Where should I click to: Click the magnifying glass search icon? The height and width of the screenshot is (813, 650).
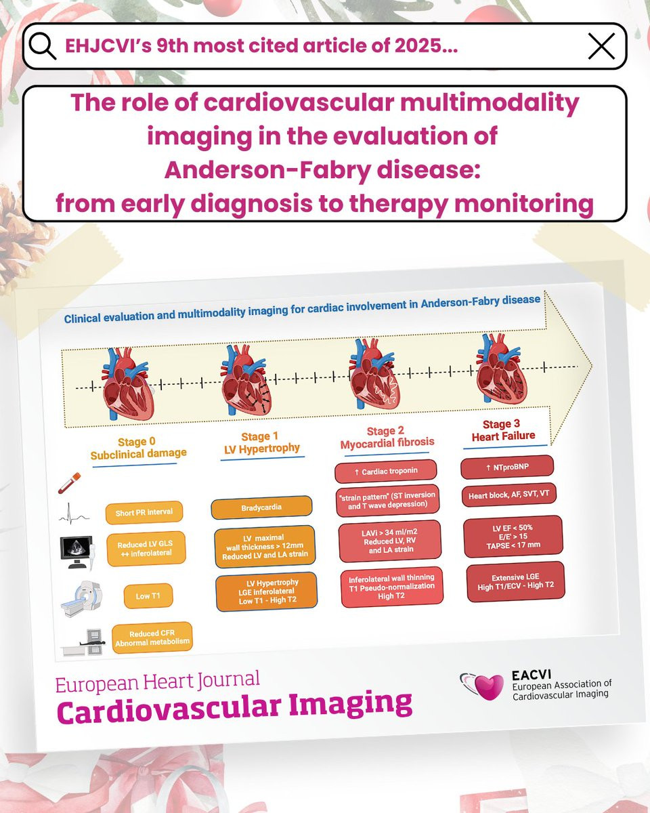(x=42, y=45)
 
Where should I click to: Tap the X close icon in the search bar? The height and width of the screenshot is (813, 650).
(x=601, y=45)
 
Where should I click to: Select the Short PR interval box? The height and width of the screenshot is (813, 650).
(x=144, y=513)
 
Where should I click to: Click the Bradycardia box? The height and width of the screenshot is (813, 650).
(x=261, y=507)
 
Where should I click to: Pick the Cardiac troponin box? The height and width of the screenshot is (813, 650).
(x=386, y=471)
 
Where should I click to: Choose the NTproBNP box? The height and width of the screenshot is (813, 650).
(x=507, y=467)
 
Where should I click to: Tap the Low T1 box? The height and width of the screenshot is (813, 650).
(x=148, y=596)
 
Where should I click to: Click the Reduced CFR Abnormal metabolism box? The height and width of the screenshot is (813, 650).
(x=152, y=638)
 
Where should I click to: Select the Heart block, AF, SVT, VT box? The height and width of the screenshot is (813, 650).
(x=508, y=495)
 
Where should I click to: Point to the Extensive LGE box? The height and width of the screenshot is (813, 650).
(x=515, y=582)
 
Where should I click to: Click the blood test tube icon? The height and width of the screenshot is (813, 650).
(x=69, y=483)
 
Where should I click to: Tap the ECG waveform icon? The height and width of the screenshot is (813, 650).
(x=74, y=514)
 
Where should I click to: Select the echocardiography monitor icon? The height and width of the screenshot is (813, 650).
(x=77, y=552)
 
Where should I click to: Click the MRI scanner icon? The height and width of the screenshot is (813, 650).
(x=81, y=599)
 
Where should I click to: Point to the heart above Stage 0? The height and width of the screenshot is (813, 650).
(x=128, y=384)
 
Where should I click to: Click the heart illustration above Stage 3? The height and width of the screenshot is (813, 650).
(x=501, y=369)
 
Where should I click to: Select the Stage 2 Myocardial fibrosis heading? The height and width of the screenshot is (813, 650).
(x=387, y=437)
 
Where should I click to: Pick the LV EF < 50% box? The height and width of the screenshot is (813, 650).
(x=513, y=536)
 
